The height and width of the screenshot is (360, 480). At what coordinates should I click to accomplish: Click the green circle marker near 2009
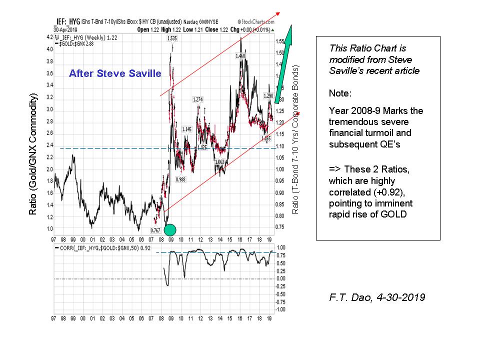[x=170, y=230]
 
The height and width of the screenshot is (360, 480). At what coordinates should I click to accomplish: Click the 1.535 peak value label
[x=172, y=38]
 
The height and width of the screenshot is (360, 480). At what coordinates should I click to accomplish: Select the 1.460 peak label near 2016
[x=240, y=56]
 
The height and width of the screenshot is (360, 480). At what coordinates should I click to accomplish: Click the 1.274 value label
[x=198, y=99]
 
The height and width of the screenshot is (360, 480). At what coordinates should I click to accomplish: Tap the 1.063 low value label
[x=219, y=162]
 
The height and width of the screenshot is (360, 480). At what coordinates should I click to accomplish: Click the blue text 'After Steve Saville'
[x=115, y=74]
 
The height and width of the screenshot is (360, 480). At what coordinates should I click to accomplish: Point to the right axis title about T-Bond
[x=295, y=140]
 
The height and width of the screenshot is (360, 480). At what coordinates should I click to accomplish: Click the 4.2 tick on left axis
[x=49, y=37]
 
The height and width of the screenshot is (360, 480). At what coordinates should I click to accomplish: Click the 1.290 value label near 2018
[x=268, y=95]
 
